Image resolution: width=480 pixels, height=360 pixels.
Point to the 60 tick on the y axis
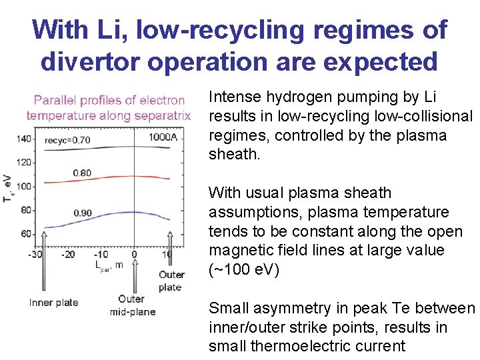click(25, 234)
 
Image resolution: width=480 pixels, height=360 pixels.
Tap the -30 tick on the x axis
click(36, 254)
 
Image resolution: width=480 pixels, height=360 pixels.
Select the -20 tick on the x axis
click(68, 254)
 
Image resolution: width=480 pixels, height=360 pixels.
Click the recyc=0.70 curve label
click(67, 140)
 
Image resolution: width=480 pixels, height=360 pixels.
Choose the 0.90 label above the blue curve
click(82, 213)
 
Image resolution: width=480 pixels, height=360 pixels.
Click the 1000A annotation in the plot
click(163, 137)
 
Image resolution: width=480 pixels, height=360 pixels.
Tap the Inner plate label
click(53, 302)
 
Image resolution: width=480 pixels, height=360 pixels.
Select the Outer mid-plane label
click(131, 305)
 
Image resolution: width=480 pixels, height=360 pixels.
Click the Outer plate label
click(171, 281)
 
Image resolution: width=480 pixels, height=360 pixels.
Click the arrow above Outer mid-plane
click(135, 277)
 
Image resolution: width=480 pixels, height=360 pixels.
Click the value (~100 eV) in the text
click(243, 269)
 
